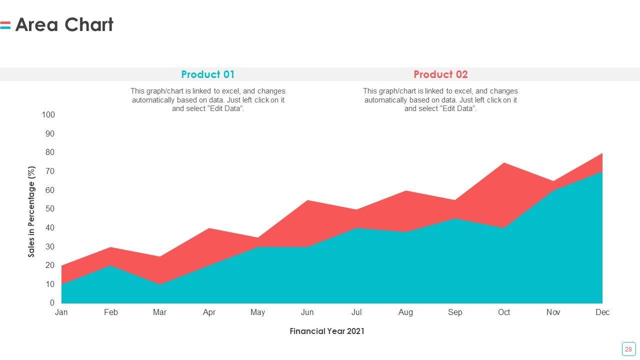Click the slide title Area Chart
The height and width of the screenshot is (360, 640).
[x=64, y=24]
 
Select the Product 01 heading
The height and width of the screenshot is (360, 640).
[x=207, y=74]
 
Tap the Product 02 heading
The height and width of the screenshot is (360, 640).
[x=440, y=74]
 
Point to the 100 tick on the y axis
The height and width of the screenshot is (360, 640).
[x=48, y=115]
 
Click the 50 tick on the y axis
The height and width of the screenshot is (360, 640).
[x=50, y=209]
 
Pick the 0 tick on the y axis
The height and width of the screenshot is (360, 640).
[x=52, y=303]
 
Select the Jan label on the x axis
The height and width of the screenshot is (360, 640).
[x=61, y=312]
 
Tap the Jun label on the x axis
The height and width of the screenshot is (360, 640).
[x=307, y=312]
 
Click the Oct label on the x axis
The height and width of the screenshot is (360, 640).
[x=504, y=312]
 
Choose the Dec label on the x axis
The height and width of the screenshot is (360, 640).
[x=602, y=312]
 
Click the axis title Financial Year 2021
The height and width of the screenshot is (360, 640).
[x=327, y=331]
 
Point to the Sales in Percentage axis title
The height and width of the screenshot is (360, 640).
[x=32, y=212]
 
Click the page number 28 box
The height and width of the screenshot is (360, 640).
[x=628, y=349]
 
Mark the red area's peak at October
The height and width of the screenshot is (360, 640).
[x=504, y=163]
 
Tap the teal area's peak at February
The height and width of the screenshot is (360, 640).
[x=110, y=266]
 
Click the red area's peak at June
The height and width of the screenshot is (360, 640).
[x=307, y=201]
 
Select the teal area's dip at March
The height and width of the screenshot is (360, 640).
[x=160, y=284]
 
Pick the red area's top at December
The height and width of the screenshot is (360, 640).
[x=601, y=154]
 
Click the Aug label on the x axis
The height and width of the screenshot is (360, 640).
[x=405, y=312]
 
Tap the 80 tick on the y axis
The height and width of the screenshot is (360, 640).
[x=50, y=152]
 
